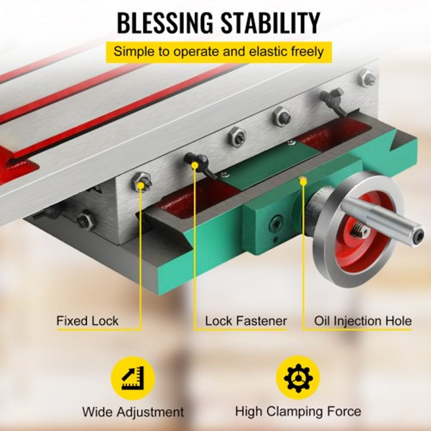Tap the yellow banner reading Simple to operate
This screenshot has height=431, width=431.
219,52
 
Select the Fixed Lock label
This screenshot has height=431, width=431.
87,321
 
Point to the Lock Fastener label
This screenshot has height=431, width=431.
246,321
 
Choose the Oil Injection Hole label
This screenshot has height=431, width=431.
362,321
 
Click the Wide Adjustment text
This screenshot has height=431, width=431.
133,412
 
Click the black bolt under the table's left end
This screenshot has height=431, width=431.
85,220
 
